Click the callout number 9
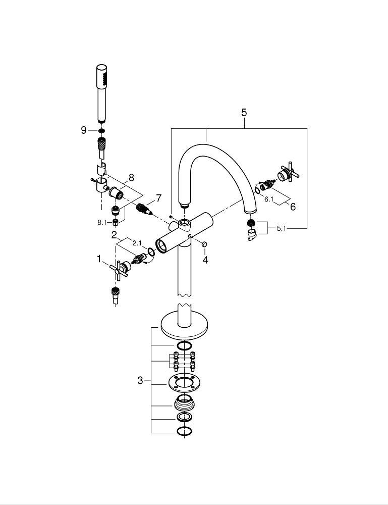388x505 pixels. point(84,130)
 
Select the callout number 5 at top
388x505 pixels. point(244,113)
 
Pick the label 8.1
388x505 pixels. point(103,221)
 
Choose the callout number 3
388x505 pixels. point(140,380)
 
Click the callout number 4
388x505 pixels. point(205,260)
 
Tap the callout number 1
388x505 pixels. point(99,259)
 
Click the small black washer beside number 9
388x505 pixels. point(101,131)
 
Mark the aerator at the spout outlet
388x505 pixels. point(250,222)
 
